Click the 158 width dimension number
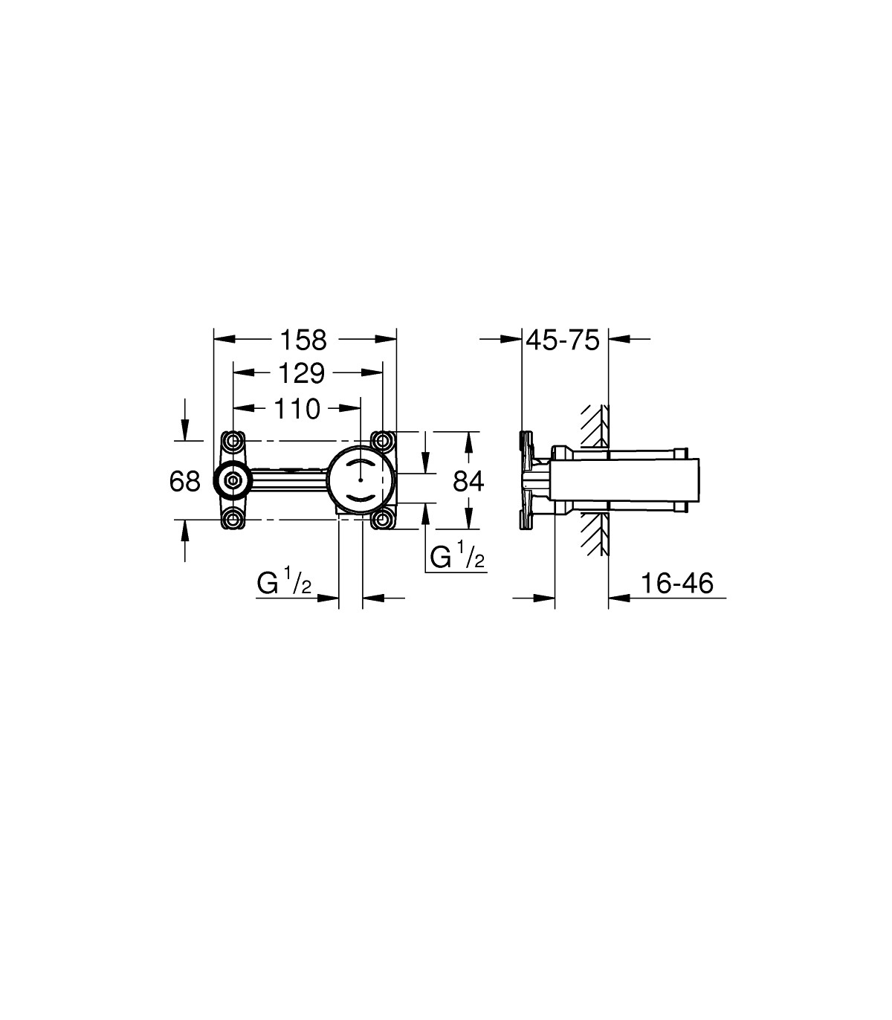tap(303, 340)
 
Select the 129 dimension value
tap(301, 373)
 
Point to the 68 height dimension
tap(184, 482)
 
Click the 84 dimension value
tap(468, 482)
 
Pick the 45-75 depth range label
tap(563, 340)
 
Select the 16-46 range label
tap(676, 583)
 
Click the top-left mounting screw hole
tap(233, 441)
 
